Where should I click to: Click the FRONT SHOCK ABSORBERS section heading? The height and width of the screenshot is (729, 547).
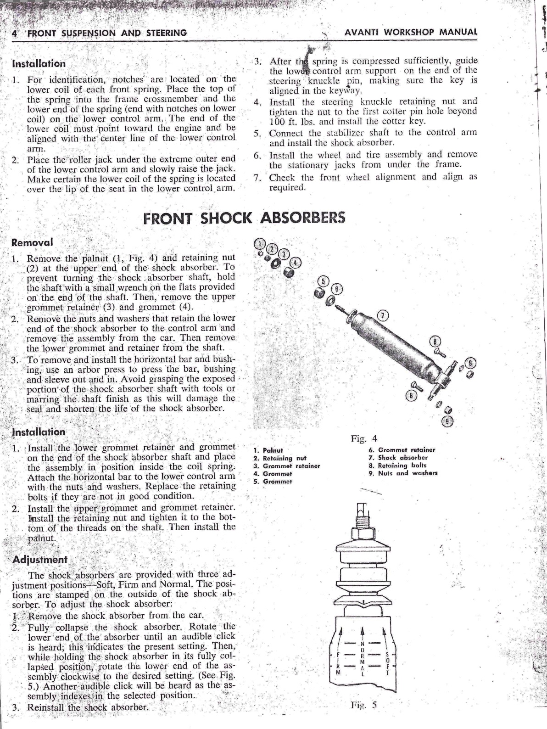244,218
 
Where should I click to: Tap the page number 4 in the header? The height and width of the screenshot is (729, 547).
14,33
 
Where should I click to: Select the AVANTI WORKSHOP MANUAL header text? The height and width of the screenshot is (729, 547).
411,32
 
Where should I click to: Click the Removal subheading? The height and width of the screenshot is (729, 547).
32,242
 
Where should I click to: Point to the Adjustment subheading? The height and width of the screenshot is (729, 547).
40,560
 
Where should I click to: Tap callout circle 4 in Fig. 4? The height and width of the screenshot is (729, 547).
296,263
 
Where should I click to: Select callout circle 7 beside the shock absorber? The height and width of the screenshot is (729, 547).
383,316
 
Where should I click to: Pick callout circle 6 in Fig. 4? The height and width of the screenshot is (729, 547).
336,289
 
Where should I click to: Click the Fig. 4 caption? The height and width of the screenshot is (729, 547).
364,439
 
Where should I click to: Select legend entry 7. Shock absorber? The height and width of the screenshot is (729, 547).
398,458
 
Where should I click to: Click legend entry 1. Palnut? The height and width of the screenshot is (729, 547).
268,451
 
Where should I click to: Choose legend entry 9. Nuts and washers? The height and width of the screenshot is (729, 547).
403,473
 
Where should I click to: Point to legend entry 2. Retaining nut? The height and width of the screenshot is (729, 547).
280,458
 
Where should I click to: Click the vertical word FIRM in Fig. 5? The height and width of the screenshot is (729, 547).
338,665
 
